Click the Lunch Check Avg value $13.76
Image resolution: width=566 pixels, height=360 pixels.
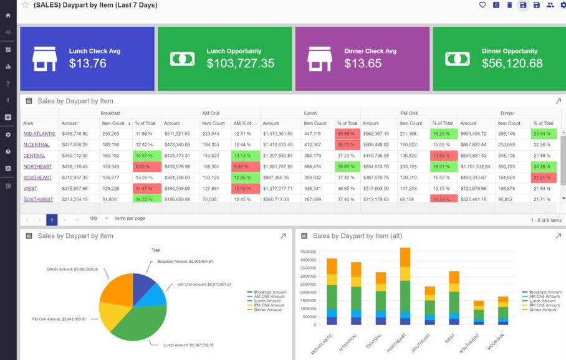coord(87,64)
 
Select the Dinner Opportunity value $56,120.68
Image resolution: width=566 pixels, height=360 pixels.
coord(512,64)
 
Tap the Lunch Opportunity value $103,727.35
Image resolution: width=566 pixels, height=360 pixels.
coord(240,64)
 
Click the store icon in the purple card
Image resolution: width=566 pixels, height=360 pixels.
coord(319,59)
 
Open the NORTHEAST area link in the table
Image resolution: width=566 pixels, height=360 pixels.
coord(38,166)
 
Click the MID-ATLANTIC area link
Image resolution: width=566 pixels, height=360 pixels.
coord(39,133)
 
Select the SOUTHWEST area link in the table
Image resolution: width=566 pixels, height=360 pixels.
coord(38,199)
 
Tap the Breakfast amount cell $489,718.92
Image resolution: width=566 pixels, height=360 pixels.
coord(79,133)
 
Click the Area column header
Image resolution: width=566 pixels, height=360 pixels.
coord(28,123)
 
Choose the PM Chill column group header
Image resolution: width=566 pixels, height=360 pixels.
coord(409,113)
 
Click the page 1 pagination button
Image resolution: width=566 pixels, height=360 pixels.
coord(52,219)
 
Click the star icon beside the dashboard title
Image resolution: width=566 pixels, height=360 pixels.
coord(25,5)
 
